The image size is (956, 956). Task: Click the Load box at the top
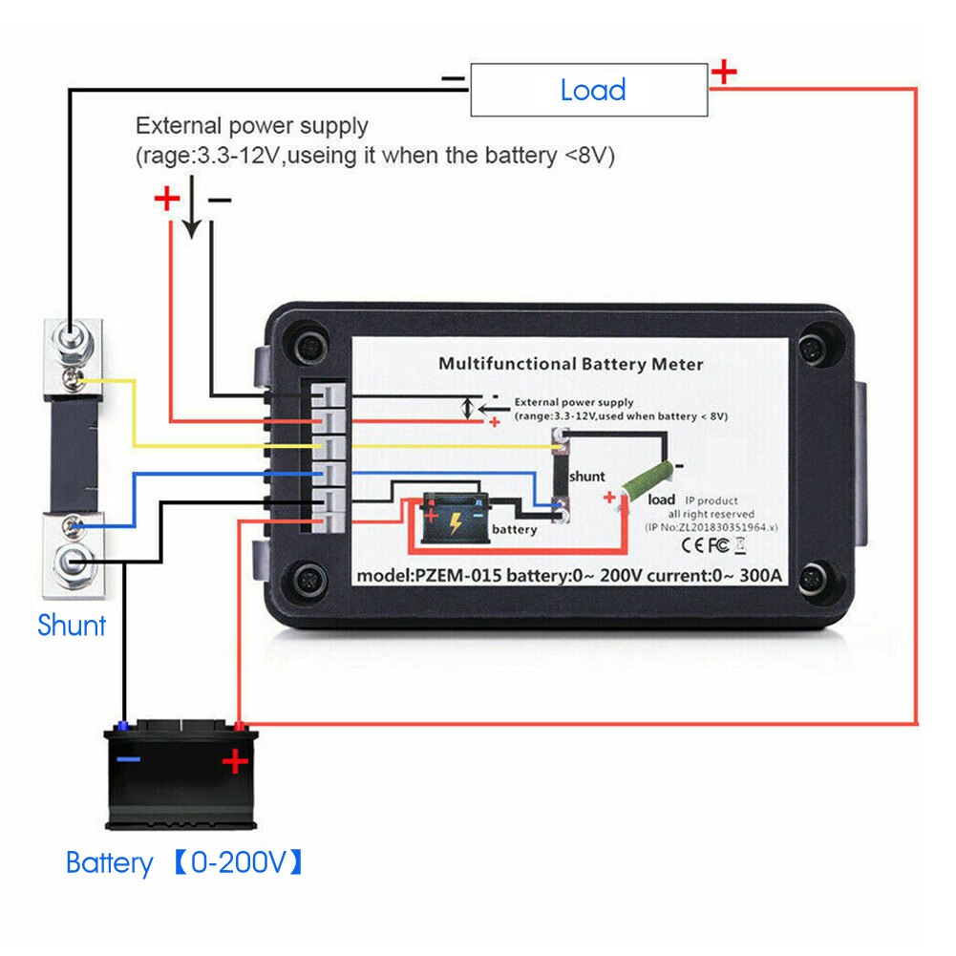pos(589,91)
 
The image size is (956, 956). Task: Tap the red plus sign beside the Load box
pos(726,71)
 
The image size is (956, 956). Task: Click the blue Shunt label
pos(72,626)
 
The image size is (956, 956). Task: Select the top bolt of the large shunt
pos(70,337)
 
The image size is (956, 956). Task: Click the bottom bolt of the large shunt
pos(70,560)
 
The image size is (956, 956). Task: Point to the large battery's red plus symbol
pos(235,761)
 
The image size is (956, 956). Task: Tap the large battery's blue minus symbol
pos(129,760)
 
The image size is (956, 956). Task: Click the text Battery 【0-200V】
pos(185,863)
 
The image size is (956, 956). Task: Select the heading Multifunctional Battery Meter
pos(570,364)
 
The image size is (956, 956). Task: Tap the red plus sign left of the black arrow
pos(167,199)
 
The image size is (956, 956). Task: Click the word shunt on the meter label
pos(586,476)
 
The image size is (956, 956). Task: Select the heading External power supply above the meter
pos(251,125)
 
